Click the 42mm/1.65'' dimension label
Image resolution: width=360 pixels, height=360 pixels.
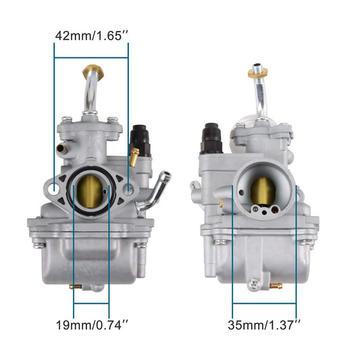point(91,36)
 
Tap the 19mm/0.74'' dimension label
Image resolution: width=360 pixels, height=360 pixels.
point(91,325)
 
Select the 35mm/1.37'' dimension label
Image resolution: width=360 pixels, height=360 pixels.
point(263,325)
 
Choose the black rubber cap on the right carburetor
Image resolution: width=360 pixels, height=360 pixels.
point(211,137)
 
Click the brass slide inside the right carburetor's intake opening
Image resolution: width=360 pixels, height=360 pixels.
point(264,191)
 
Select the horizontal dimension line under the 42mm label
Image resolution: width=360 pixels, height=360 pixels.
point(91,58)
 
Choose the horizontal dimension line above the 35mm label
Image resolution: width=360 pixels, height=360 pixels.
point(264,303)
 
